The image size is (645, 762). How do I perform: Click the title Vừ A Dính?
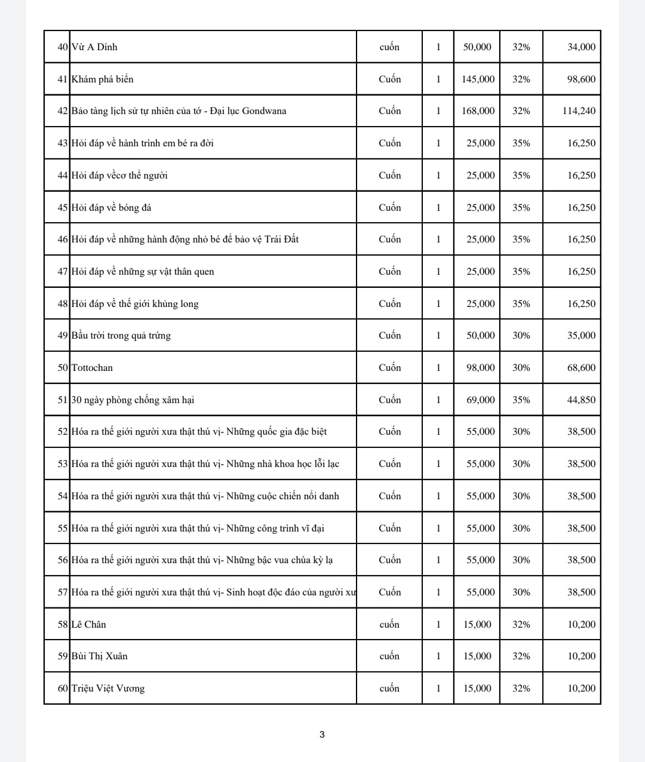(94, 47)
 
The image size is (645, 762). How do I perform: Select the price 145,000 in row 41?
(478, 79)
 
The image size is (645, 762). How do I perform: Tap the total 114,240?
(579, 111)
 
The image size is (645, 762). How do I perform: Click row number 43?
(63, 143)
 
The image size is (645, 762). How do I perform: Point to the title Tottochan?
(92, 368)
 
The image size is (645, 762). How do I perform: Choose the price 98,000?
(480, 368)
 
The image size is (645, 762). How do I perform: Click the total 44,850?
(581, 400)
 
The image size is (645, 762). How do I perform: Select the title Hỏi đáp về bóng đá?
(111, 208)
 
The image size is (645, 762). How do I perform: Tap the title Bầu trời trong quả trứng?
(121, 336)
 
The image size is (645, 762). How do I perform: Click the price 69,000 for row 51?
(480, 400)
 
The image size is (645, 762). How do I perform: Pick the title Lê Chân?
(88, 625)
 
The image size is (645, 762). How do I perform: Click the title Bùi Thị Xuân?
(99, 656)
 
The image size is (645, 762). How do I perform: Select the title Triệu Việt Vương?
(108, 689)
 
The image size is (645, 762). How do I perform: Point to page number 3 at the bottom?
(322, 735)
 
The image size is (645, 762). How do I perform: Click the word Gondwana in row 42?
(264, 111)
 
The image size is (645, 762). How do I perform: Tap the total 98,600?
(581, 79)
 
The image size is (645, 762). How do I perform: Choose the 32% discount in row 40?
(521, 47)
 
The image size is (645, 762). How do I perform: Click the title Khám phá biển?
(102, 79)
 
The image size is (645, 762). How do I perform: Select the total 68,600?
(581, 368)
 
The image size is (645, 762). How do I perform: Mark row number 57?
(63, 592)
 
